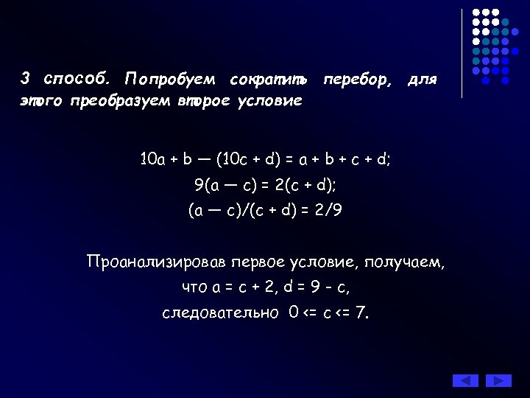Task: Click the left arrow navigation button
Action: [465, 380]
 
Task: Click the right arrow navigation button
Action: [498, 380]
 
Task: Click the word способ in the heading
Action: [76, 78]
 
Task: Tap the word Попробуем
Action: [170, 79]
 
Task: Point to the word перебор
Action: [358, 78]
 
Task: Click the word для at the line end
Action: [422, 78]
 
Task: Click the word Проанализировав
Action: [156, 262]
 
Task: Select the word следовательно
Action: [220, 313]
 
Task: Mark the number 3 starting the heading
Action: [25, 78]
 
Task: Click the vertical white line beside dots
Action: [462, 53]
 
